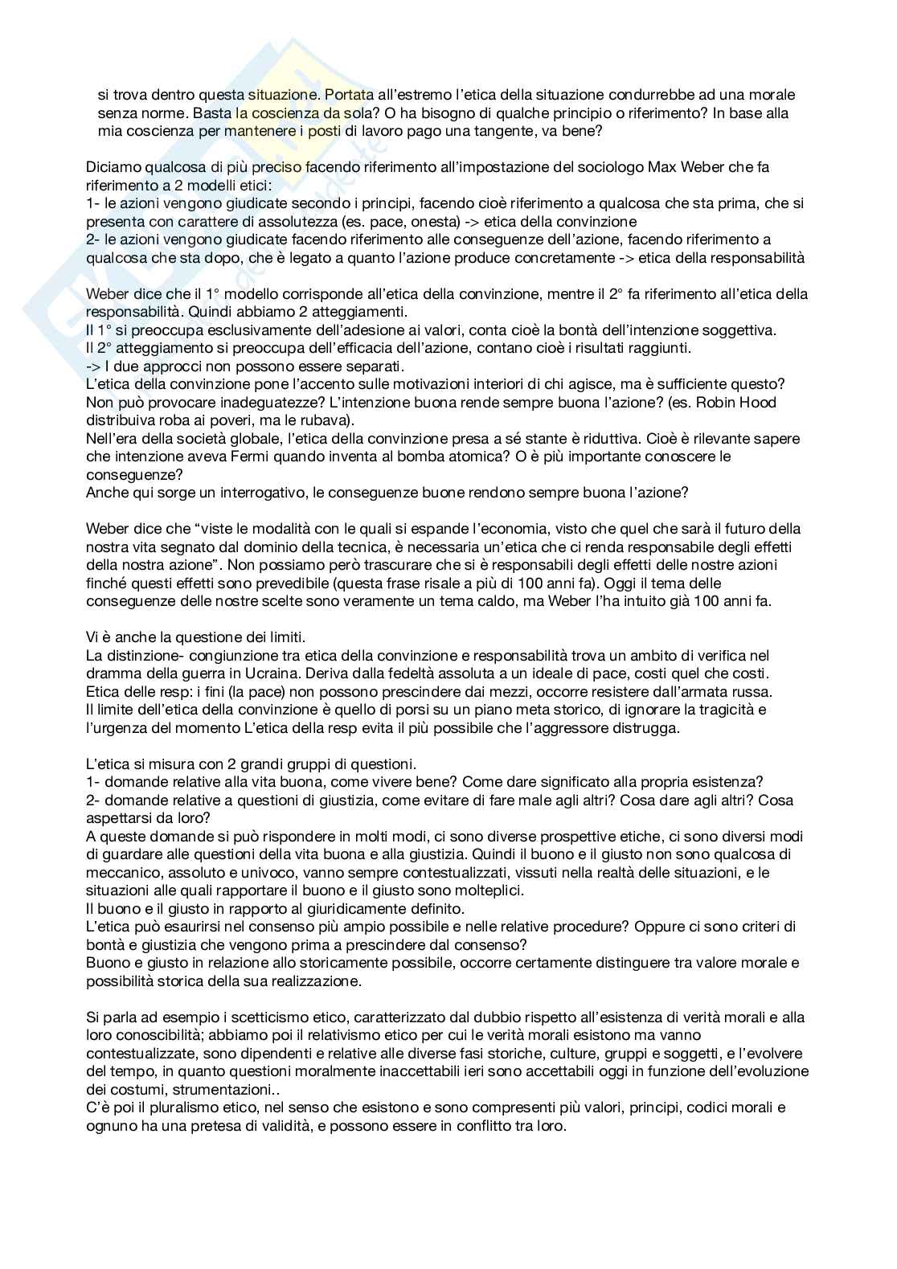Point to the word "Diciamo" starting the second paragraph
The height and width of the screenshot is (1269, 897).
pos(111,167)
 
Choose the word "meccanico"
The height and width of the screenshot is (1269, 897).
pos(125,873)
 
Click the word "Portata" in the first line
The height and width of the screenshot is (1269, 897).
pos(350,95)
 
